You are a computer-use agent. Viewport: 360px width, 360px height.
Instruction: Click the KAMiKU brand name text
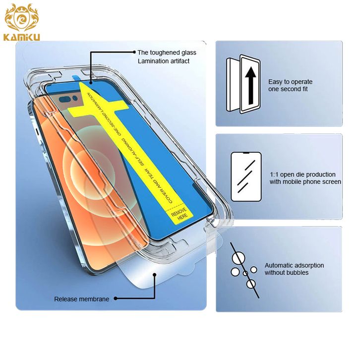coord(22,37)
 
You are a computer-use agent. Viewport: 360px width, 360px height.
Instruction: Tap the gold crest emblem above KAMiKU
coord(22,18)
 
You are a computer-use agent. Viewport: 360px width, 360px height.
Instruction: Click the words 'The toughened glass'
coord(167,53)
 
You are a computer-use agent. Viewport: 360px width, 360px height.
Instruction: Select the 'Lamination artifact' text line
coord(164,61)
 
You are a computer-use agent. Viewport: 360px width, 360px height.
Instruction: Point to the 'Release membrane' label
coord(81,299)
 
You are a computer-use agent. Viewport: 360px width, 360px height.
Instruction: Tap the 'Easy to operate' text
coord(290,82)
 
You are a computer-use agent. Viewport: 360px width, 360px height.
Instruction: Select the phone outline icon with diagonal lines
coord(246,177)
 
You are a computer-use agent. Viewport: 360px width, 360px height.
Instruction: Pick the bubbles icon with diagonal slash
coord(244,270)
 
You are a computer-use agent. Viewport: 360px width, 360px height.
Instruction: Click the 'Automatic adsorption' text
coord(294,265)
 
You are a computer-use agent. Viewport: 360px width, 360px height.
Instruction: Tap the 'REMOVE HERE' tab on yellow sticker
coord(180,214)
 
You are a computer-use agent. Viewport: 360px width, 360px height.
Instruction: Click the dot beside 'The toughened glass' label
coord(134,52)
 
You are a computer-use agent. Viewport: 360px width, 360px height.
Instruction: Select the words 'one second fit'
coord(288,89)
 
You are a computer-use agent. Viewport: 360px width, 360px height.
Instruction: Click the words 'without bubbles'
coord(287,273)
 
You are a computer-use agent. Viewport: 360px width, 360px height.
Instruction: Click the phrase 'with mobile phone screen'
coord(305,182)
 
